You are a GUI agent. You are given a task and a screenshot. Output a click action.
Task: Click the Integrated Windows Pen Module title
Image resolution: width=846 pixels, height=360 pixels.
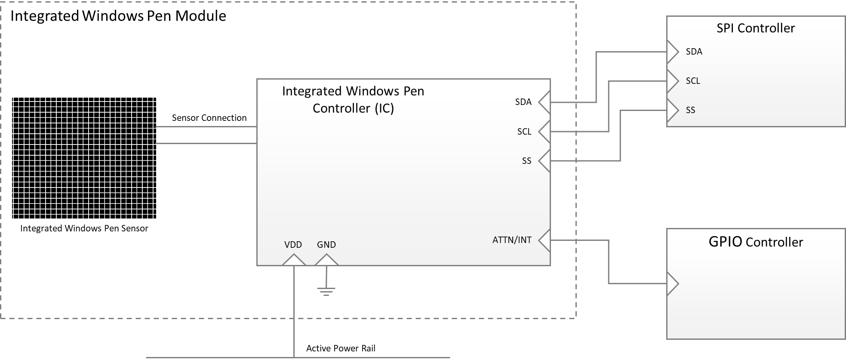tap(118, 16)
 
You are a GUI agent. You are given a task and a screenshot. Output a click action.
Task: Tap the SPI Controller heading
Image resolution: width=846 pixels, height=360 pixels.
tap(755, 28)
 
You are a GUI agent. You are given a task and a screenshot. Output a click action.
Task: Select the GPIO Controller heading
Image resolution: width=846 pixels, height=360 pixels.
tap(755, 242)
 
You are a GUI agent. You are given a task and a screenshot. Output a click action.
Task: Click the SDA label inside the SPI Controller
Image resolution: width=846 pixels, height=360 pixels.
tap(694, 52)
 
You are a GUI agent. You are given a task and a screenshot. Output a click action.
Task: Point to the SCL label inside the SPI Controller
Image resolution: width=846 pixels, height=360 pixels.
tap(692, 81)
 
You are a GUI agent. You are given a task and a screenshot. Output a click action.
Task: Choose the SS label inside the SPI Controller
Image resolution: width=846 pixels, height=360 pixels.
tap(690, 110)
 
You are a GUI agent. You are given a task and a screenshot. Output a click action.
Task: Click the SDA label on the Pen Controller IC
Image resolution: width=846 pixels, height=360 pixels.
tap(523, 102)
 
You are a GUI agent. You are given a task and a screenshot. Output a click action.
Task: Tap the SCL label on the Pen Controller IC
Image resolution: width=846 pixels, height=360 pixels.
tap(524, 132)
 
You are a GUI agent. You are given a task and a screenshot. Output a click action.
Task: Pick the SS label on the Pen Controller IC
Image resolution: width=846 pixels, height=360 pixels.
tap(526, 161)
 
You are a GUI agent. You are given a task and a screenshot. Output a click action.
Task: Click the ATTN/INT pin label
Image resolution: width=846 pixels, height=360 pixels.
tap(511, 240)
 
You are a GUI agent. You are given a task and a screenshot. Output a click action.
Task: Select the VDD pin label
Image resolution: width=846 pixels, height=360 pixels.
tap(293, 245)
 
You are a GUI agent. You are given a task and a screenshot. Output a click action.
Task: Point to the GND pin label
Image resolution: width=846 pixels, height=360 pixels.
tap(326, 245)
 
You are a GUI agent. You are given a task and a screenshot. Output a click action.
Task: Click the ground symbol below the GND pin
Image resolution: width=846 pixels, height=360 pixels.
tap(326, 291)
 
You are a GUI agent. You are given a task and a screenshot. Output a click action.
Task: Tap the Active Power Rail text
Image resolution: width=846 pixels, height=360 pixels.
tap(341, 348)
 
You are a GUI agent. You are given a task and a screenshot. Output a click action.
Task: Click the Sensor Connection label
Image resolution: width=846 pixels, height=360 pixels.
tap(209, 118)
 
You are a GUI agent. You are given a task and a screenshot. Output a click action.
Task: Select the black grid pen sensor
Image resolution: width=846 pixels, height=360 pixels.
tap(84, 158)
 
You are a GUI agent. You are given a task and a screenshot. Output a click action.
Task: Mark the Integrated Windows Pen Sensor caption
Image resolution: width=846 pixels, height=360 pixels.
tap(84, 228)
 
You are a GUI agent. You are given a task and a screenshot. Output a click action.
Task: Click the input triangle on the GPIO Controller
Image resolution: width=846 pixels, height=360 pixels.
tap(672, 283)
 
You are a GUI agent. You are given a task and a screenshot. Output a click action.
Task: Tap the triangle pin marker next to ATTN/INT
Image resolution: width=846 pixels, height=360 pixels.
tap(545, 240)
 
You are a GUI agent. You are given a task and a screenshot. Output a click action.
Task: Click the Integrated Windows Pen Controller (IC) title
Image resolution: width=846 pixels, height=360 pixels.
tap(353, 100)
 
